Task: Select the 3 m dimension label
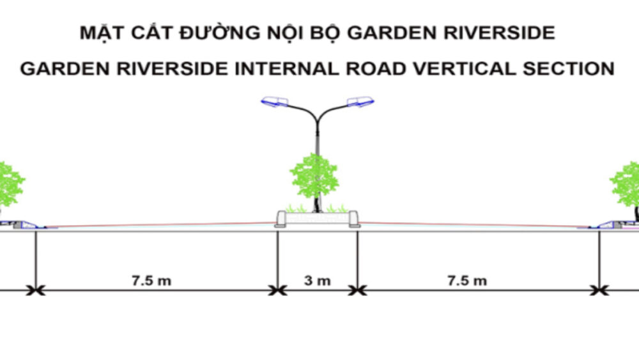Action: click(317, 280)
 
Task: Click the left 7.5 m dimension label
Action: click(151, 280)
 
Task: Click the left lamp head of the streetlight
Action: click(275, 102)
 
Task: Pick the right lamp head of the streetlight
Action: click(360, 102)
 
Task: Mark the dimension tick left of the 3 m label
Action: click(277, 290)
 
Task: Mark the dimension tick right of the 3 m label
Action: click(357, 290)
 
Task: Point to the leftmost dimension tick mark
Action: click(35, 290)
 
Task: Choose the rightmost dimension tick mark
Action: click(599, 290)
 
